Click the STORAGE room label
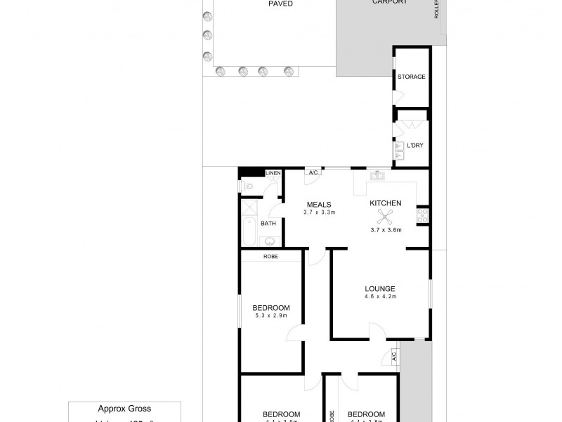click(x=412, y=77)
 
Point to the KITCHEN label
click(x=386, y=203)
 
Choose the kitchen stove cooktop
click(x=423, y=215)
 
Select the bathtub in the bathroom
click(x=248, y=230)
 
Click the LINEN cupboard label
click(x=273, y=173)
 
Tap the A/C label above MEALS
click(x=313, y=172)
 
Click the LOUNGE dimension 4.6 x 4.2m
click(x=380, y=297)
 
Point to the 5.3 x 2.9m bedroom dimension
click(x=271, y=316)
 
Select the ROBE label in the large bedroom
click(x=270, y=257)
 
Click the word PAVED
click(x=280, y=4)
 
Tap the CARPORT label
click(x=390, y=3)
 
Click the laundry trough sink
click(x=398, y=147)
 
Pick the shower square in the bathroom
click(x=249, y=207)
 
